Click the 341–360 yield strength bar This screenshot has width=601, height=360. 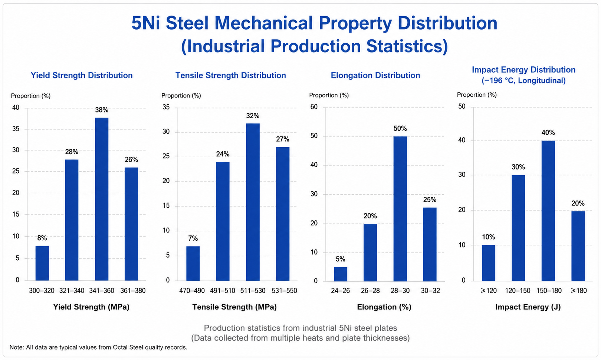102,199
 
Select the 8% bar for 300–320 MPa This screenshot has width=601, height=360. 42,263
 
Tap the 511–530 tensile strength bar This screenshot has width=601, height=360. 253,202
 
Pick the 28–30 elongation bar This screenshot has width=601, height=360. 400,209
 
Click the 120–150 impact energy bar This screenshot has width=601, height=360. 518,228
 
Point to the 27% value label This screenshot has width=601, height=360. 283,139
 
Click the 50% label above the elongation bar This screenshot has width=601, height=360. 400,128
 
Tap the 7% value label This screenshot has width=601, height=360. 193,238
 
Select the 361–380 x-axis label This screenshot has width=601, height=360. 133,291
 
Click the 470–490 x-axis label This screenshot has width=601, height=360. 192,291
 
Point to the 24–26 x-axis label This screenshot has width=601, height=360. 341,291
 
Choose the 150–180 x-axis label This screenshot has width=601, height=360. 549,291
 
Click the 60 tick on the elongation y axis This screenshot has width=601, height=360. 314,107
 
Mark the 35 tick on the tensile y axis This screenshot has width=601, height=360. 166,107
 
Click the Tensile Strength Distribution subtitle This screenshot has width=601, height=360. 231,75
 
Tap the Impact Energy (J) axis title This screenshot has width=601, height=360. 528,307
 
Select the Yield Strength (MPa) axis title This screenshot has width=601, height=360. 91,307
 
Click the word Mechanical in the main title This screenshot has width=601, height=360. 263,23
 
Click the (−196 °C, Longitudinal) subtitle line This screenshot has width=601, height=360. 524,81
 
